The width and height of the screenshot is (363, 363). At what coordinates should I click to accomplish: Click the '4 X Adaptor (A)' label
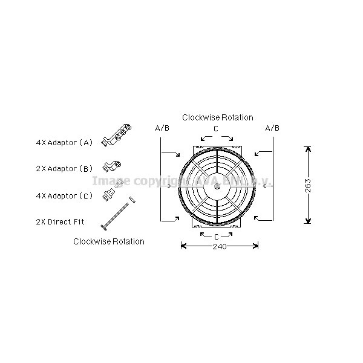tap(64, 143)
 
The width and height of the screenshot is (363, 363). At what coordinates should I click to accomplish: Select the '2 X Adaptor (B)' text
tap(64, 169)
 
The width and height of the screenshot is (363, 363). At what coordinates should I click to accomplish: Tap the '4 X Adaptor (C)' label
tap(64, 195)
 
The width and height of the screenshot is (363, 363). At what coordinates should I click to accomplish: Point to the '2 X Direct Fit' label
tap(60, 221)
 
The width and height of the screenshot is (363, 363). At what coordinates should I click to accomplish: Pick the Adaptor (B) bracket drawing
tap(113, 165)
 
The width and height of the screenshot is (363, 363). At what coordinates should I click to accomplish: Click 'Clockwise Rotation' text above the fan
tap(218, 117)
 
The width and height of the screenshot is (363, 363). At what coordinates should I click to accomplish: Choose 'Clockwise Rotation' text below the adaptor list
tap(109, 241)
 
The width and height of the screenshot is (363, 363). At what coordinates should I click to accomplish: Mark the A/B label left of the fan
tap(162, 128)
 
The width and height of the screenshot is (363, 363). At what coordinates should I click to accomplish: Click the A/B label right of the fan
tap(272, 128)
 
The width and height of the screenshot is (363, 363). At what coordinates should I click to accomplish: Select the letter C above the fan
tap(216, 129)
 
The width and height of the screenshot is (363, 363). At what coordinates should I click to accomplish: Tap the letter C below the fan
tap(217, 236)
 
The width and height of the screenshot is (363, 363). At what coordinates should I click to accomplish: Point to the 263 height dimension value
tap(308, 185)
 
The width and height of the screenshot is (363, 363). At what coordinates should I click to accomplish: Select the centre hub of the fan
tap(217, 185)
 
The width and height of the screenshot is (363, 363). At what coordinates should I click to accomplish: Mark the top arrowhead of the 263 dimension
tap(308, 149)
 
